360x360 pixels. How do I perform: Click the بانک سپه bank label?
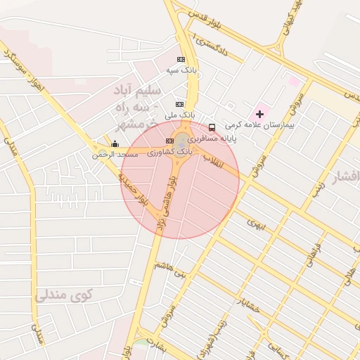pyautogui.click(x=181, y=70)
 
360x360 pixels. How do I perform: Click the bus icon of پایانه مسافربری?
pyautogui.click(x=212, y=127)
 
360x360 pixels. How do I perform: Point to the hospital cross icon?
pyautogui.click(x=259, y=113)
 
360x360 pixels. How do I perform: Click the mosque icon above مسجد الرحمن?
pyautogui.click(x=115, y=144)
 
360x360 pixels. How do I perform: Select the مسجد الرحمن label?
pyautogui.click(x=115, y=154)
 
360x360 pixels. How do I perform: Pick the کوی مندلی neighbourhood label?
pyautogui.click(x=64, y=295)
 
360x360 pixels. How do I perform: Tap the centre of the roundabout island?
pyautogui.click(x=182, y=139)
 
